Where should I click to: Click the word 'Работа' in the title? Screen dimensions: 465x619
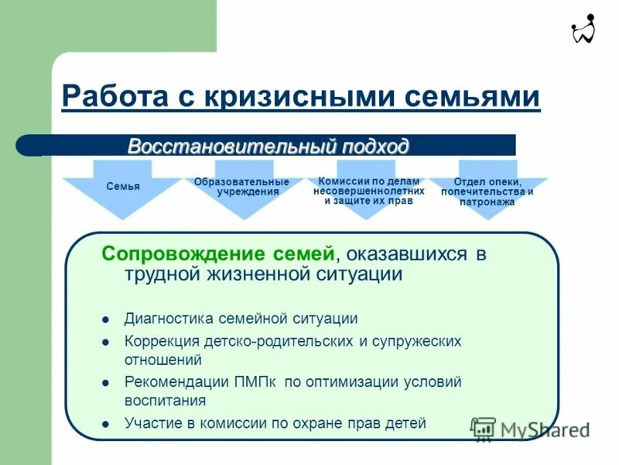[x=115, y=98]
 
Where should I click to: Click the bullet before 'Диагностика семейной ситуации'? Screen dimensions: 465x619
[x=106, y=319]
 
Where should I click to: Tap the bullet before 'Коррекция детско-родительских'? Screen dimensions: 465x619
[x=106, y=341]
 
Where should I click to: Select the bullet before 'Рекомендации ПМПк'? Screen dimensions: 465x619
[x=106, y=382]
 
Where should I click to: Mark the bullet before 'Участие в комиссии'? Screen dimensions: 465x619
[x=106, y=424]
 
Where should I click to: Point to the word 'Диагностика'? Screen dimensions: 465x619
[x=169, y=319]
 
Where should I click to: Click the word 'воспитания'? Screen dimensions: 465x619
[x=165, y=401]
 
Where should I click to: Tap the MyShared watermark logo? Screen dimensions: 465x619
[x=530, y=429]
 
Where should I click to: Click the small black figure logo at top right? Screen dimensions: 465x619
[x=583, y=29]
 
